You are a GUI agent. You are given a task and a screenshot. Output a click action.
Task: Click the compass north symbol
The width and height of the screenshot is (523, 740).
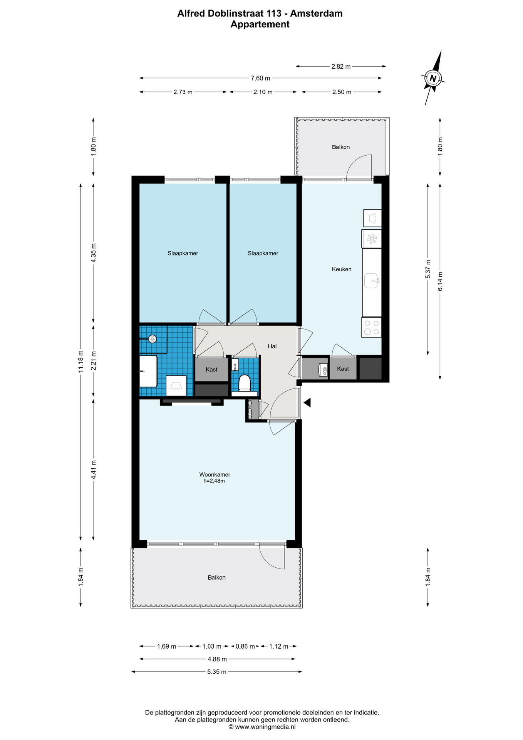(x=433, y=78)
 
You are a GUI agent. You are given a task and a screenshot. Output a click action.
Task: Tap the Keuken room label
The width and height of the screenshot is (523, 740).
(x=342, y=269)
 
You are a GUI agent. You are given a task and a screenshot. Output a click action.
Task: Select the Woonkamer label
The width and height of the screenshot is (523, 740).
(x=215, y=474)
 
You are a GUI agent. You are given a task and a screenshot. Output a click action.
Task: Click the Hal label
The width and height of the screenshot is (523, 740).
(x=272, y=346)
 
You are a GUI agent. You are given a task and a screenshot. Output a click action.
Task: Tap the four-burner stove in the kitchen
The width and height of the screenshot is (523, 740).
(x=371, y=327)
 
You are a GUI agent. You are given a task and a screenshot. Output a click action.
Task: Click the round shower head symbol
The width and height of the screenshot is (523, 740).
(x=153, y=339)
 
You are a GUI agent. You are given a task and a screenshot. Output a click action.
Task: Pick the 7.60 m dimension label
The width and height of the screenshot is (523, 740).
(x=260, y=78)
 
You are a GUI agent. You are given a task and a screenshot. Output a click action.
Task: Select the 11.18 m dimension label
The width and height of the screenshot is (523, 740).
(x=81, y=361)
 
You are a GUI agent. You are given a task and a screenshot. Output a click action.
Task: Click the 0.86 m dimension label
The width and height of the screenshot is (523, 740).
(x=245, y=646)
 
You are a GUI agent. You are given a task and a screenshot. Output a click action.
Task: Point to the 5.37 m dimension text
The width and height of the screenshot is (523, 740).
(x=428, y=269)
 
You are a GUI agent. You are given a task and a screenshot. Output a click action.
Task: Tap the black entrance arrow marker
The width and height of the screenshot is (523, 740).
(x=307, y=403)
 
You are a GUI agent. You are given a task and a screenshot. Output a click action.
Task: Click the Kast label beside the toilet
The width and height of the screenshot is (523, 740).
(x=211, y=369)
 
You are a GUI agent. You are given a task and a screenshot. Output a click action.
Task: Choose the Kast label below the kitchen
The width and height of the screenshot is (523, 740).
(x=343, y=368)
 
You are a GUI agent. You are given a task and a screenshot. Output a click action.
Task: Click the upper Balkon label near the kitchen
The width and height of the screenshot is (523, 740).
(x=341, y=147)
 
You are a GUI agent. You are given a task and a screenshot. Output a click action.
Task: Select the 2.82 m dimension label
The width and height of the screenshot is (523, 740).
(x=341, y=66)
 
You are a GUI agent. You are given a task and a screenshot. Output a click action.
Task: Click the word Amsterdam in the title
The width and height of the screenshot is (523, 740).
(x=316, y=13)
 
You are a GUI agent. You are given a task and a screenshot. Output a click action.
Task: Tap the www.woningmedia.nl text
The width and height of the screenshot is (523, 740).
(x=265, y=727)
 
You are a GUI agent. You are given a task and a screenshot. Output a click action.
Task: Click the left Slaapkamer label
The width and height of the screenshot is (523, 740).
(x=183, y=253)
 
